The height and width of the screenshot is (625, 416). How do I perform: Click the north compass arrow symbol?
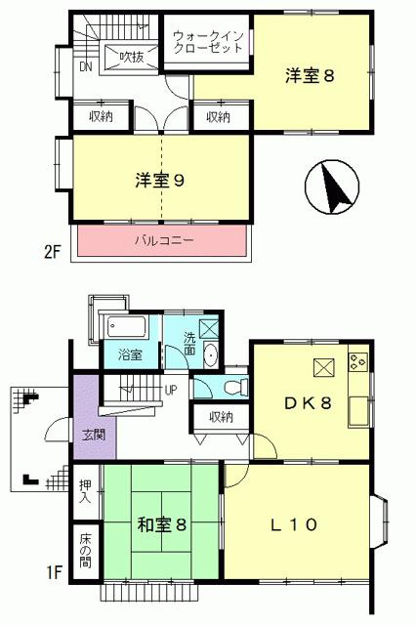click(334, 187)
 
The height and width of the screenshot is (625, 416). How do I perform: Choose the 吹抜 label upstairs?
click(131, 58)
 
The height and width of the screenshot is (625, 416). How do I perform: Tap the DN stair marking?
click(85, 67)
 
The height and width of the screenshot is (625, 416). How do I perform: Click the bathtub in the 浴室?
click(128, 327)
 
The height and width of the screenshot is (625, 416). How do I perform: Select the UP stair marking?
click(170, 390)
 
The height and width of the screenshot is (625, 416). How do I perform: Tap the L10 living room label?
click(292, 524)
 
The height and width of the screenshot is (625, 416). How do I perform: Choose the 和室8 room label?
click(161, 524)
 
